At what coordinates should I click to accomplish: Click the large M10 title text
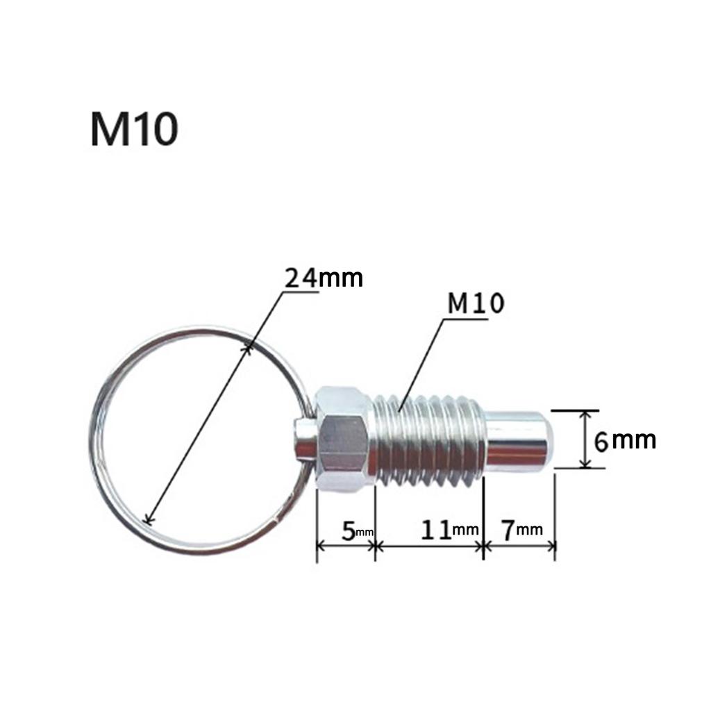[x=133, y=129]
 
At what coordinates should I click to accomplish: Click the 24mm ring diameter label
[x=324, y=278]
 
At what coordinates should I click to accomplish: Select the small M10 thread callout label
[x=476, y=303]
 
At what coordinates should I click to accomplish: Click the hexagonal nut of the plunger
[x=342, y=439]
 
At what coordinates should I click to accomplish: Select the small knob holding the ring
[x=303, y=442]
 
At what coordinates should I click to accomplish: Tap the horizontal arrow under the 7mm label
[x=519, y=546]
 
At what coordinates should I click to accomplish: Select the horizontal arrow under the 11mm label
[x=428, y=546]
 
